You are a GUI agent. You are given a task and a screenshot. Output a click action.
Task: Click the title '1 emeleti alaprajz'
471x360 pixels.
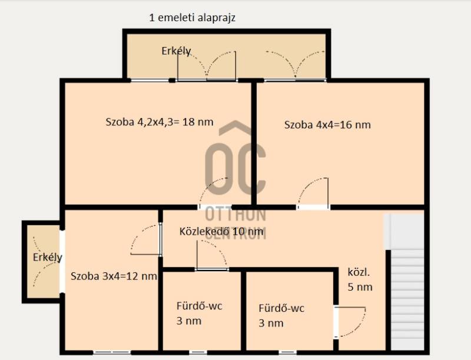(x=193, y=18)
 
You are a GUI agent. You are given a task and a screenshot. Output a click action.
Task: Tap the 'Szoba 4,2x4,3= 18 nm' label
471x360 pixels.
(x=160, y=122)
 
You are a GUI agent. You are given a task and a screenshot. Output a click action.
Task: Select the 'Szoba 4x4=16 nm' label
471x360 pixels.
(x=327, y=125)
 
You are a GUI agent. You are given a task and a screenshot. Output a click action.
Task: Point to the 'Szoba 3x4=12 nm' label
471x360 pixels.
(x=114, y=276)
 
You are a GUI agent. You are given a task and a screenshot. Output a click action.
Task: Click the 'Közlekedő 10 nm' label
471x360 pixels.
(x=221, y=231)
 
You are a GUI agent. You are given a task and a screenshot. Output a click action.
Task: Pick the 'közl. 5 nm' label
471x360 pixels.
(x=360, y=279)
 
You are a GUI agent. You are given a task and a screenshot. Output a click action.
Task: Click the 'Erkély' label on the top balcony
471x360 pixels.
(x=176, y=51)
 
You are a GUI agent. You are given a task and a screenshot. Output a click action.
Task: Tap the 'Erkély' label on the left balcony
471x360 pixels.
(x=48, y=258)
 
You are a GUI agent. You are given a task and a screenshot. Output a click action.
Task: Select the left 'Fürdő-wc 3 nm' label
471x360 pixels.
(x=200, y=314)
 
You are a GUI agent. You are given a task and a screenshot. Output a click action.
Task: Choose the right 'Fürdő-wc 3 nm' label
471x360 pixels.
(x=281, y=316)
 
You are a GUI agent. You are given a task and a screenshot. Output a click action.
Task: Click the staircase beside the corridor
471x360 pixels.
(x=407, y=282)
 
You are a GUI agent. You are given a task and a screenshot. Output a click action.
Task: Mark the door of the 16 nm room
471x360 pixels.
(x=313, y=192)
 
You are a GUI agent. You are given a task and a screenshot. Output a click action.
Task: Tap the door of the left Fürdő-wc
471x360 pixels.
(x=211, y=255)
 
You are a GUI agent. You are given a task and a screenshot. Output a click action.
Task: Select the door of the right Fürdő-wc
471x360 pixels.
(x=350, y=322)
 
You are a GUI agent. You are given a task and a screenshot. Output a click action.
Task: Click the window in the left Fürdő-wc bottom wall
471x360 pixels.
(x=198, y=352)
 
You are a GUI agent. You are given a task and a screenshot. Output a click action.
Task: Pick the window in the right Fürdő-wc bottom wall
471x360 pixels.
(x=287, y=352)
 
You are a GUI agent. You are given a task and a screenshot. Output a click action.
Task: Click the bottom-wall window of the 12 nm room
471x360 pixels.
(x=111, y=352)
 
